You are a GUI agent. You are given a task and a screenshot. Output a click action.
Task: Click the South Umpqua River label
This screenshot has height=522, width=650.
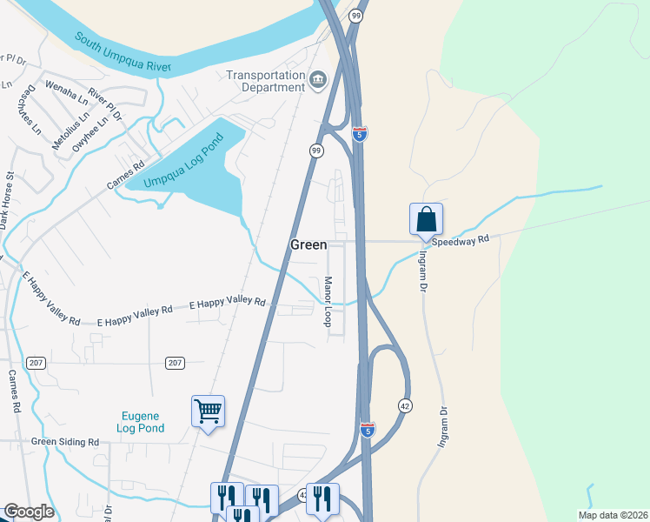(123, 53)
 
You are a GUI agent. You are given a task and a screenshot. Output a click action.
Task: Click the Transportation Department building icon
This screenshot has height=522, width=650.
(318, 82)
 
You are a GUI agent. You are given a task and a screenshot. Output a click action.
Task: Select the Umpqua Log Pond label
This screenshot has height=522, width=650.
(183, 160)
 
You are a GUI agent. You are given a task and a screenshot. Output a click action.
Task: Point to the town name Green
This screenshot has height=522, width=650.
(308, 245)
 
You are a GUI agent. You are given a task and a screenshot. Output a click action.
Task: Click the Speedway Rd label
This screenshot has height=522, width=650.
(467, 238)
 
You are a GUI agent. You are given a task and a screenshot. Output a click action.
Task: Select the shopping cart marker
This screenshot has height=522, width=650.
(208, 411)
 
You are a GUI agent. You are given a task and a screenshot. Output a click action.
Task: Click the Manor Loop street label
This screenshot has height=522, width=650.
(328, 302)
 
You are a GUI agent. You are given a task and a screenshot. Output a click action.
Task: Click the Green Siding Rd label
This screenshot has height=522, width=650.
(65, 442)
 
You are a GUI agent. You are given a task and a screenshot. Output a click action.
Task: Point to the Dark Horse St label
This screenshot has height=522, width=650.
(7, 201)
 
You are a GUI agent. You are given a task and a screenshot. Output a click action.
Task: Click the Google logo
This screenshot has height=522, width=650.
(29, 512)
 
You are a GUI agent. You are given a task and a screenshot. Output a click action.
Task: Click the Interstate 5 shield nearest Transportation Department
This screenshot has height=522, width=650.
(360, 134)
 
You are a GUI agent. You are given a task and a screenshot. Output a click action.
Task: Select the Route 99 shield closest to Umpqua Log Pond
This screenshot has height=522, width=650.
(317, 151)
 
